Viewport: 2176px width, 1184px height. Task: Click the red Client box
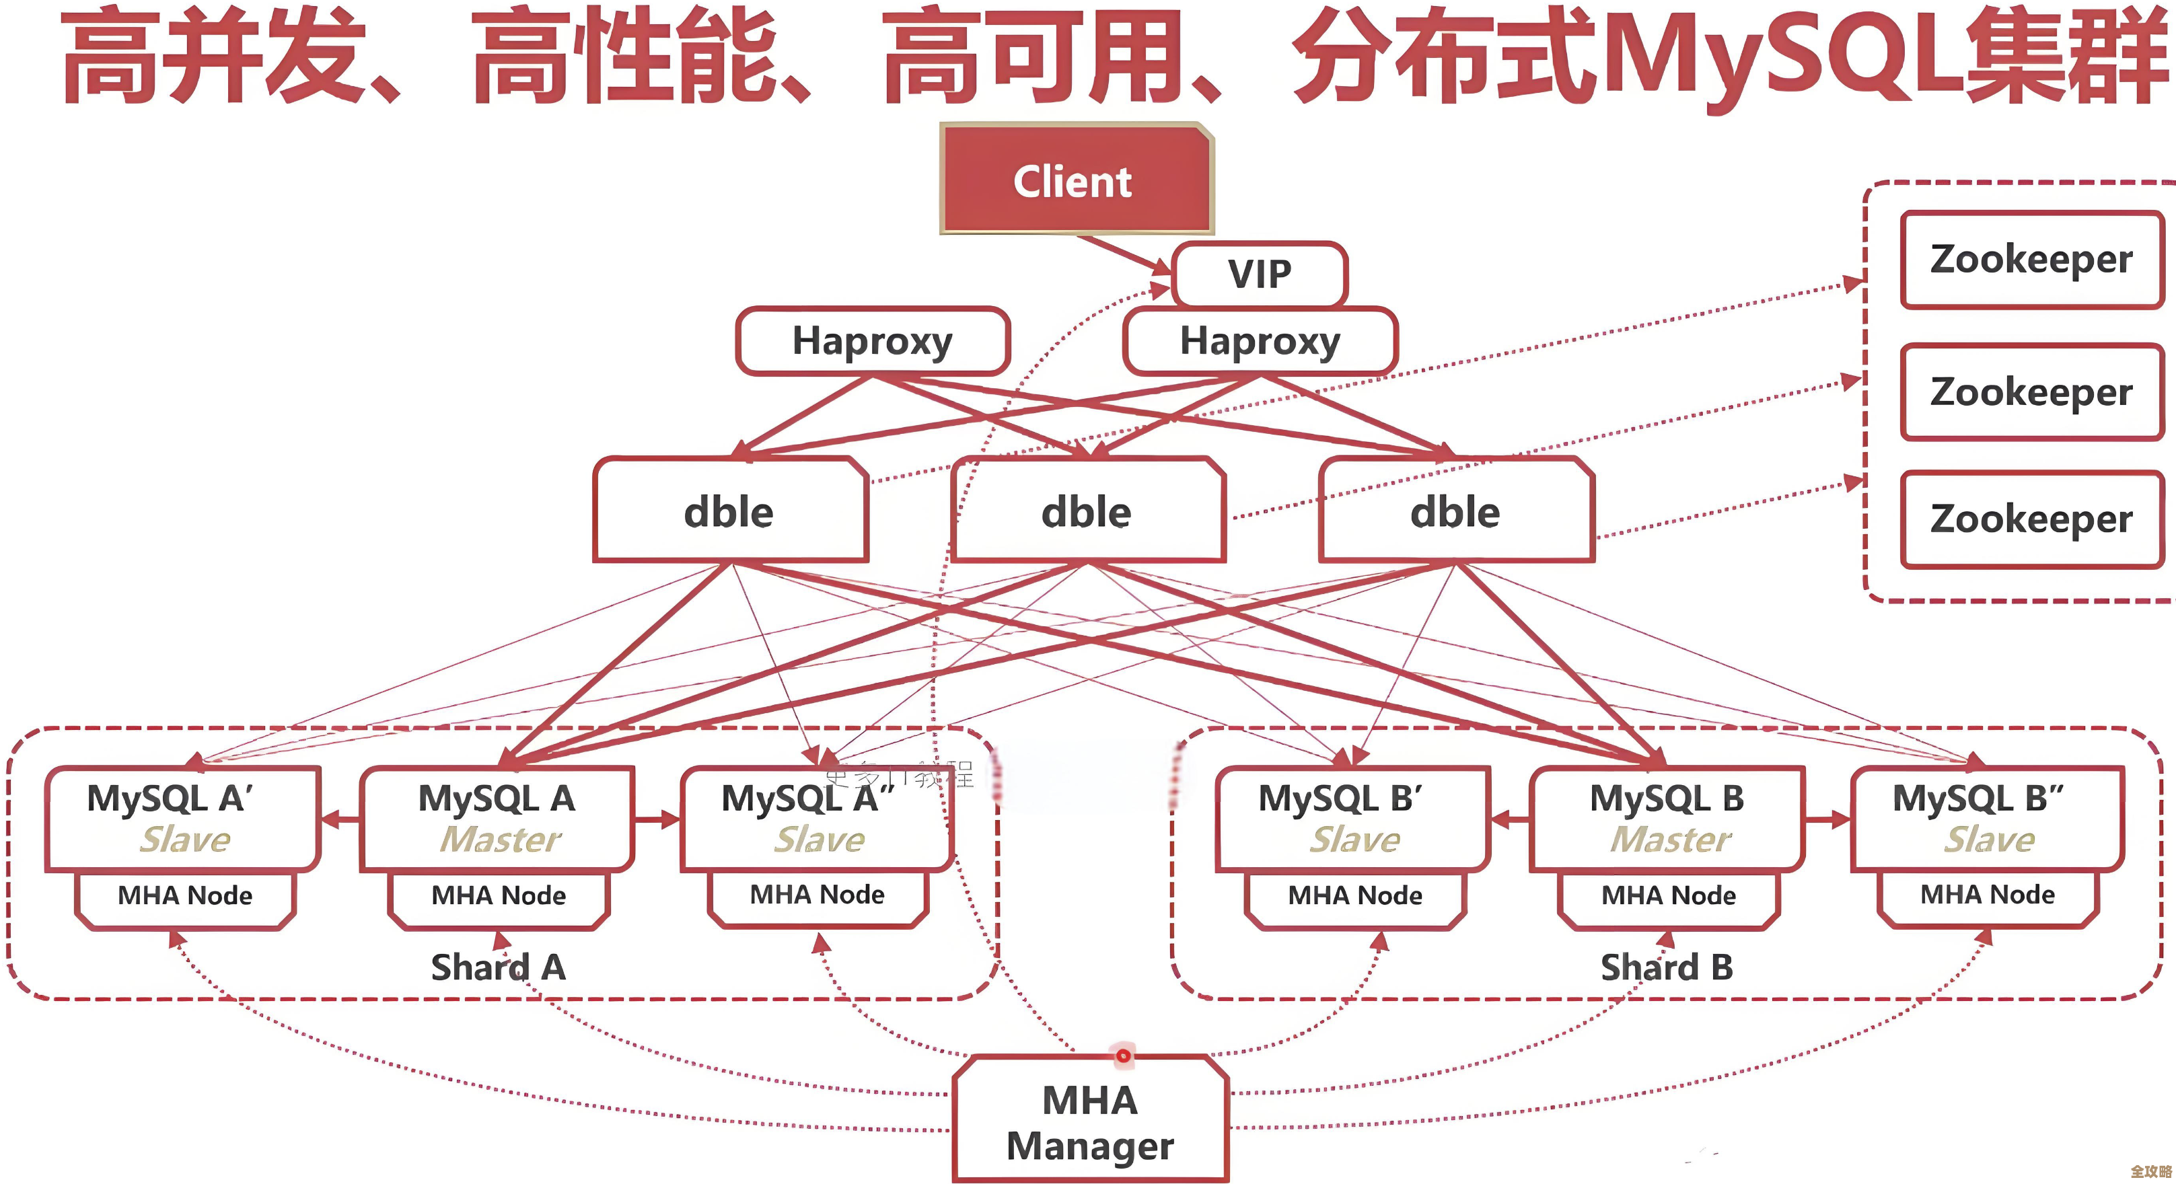pyautogui.click(x=1075, y=179)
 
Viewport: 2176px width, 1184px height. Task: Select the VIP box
pyautogui.click(x=1259, y=274)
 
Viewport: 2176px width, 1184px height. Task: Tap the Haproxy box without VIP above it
pyautogui.click(x=872, y=341)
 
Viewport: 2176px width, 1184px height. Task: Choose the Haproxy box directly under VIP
pyautogui.click(x=1259, y=341)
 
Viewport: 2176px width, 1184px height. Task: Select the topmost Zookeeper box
pyautogui.click(x=2031, y=259)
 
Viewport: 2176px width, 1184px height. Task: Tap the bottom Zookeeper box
pyautogui.click(x=2031, y=519)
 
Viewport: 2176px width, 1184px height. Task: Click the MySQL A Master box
pyautogui.click(x=497, y=817)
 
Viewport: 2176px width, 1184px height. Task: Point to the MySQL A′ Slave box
pyautogui.click(x=182, y=817)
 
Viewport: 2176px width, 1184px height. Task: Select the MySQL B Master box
pyautogui.click(x=1667, y=817)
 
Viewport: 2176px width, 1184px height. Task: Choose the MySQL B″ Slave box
pyautogui.click(x=1986, y=817)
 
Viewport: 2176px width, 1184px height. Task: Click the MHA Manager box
pyautogui.click(x=1090, y=1121)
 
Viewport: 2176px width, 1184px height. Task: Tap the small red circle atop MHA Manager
pyautogui.click(x=1122, y=1056)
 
